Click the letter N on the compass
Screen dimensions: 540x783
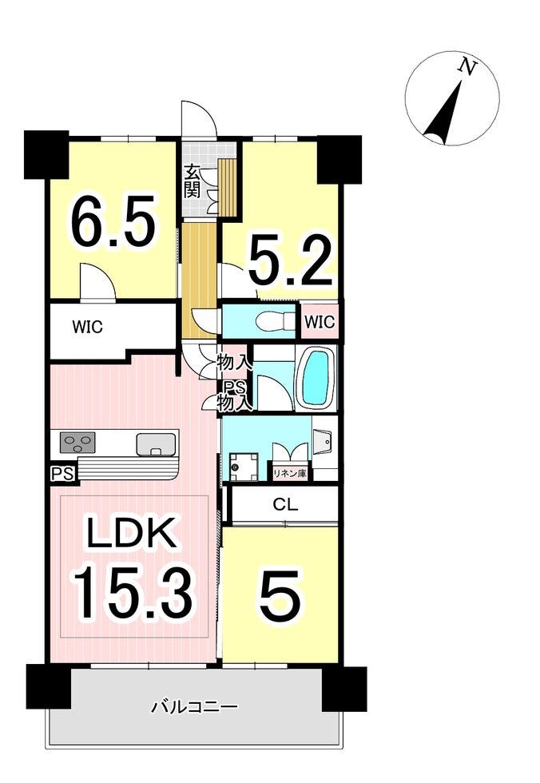click(467, 67)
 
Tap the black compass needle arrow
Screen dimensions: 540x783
click(443, 113)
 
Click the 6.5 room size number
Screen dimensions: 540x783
click(113, 220)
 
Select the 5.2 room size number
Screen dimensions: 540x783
click(290, 260)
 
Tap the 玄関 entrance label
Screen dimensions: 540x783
click(193, 181)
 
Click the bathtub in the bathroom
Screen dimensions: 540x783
click(316, 377)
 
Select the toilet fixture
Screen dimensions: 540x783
click(273, 320)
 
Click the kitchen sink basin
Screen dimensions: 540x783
click(157, 444)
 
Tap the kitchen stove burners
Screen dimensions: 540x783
click(77, 443)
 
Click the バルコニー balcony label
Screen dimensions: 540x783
click(195, 707)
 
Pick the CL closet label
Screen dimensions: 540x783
click(285, 504)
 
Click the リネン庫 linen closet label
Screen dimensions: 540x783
click(289, 473)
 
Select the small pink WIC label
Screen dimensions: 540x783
click(320, 322)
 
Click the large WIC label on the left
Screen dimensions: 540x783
click(87, 327)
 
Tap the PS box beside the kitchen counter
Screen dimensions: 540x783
click(63, 473)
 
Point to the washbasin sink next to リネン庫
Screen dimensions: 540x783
click(325, 441)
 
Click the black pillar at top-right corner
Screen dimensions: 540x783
click(339, 159)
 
